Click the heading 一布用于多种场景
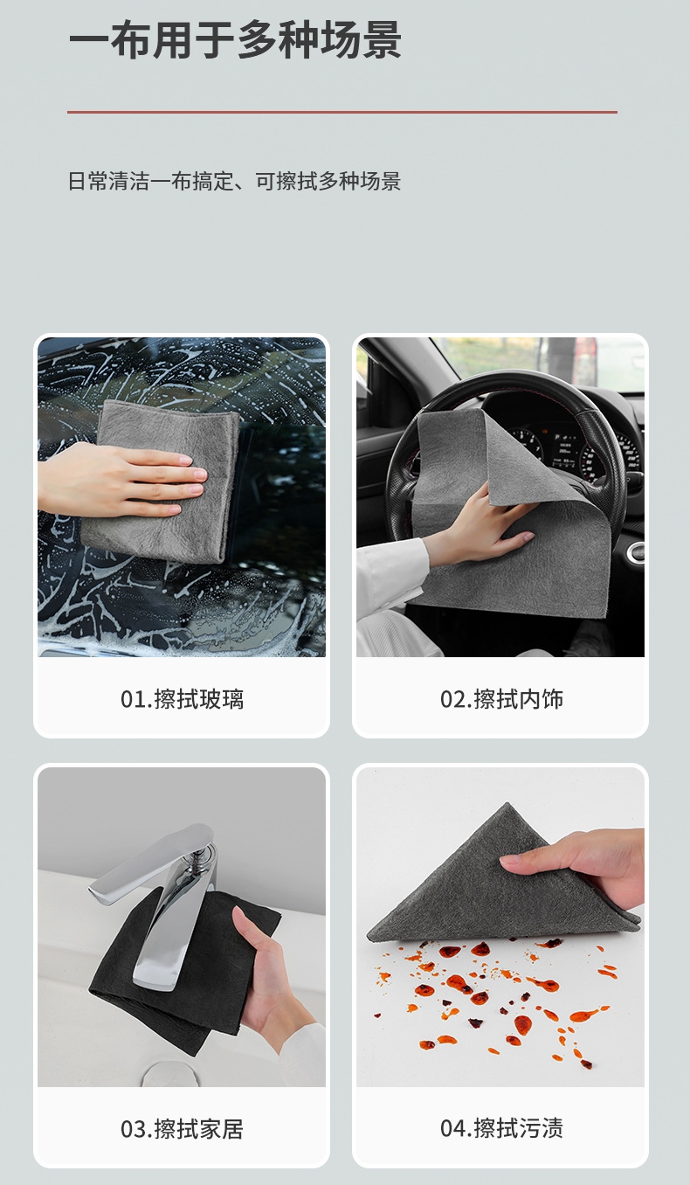pyautogui.click(x=235, y=40)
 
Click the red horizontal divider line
pyautogui.click(x=342, y=112)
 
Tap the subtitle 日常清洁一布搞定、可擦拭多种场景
pyautogui.click(x=234, y=181)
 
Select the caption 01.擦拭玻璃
pyautogui.click(x=182, y=699)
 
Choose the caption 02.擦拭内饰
pyautogui.click(x=501, y=699)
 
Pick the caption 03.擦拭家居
pyautogui.click(x=182, y=1129)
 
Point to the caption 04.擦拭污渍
pyautogui.click(x=501, y=1129)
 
